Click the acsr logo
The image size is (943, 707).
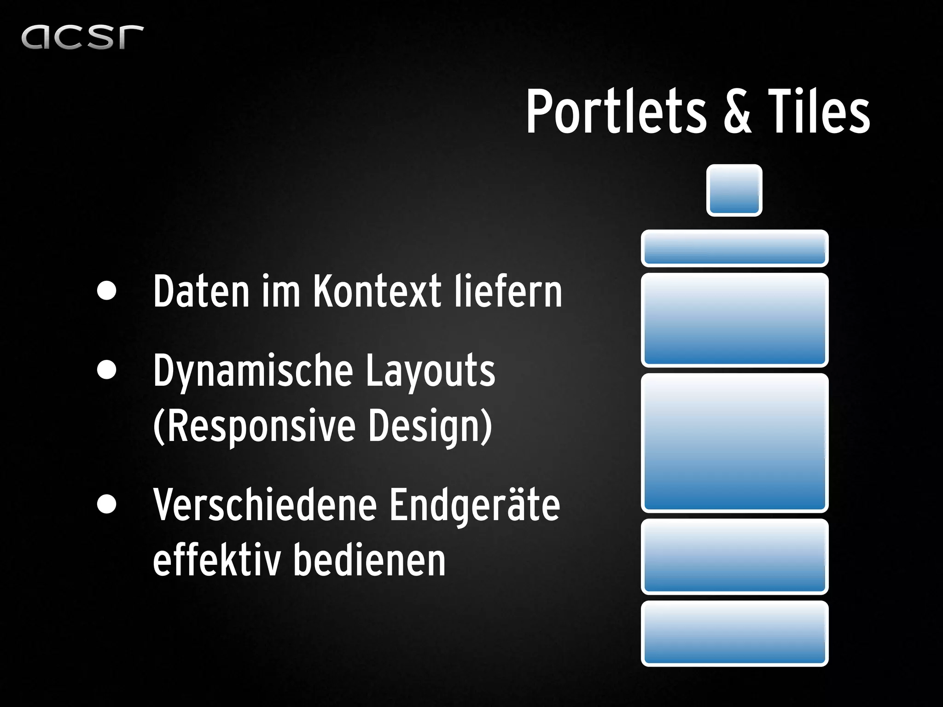82,37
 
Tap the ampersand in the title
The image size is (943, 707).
737,113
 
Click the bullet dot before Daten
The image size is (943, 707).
107,291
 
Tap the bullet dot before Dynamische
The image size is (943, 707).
107,370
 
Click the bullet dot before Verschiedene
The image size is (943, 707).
107,504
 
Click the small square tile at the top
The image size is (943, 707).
734,190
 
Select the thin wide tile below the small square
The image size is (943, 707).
734,248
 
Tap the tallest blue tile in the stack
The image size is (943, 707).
734,443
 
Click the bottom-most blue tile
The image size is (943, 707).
734,633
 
